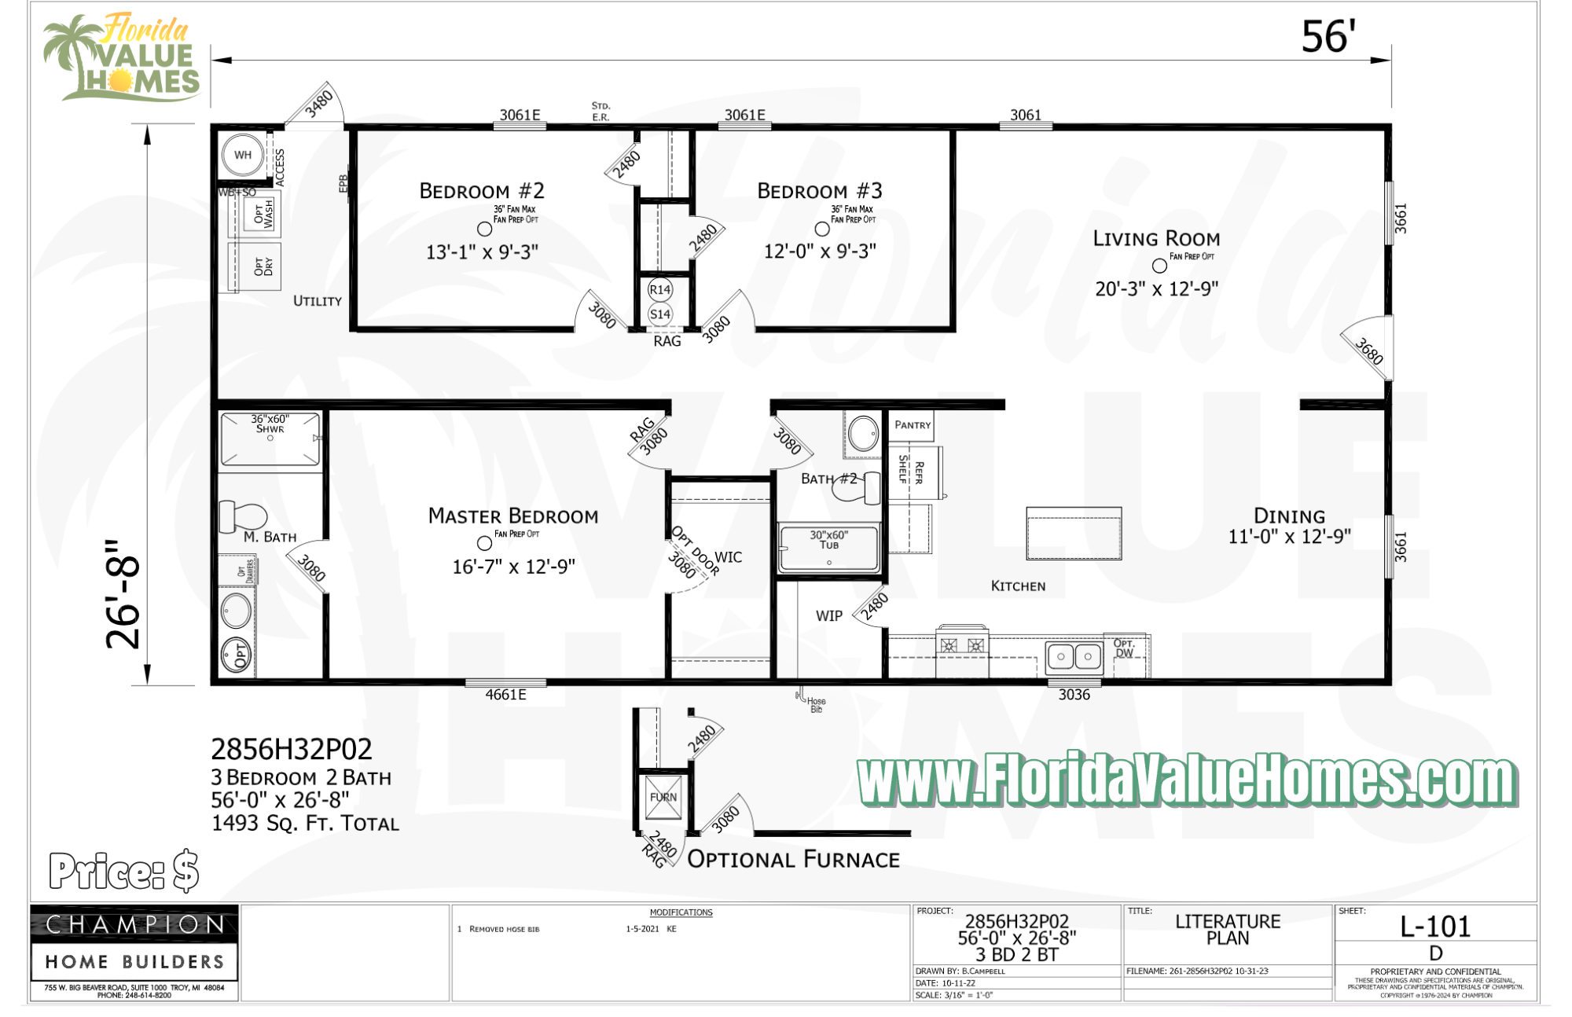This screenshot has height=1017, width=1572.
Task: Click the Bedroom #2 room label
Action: pyautogui.click(x=481, y=191)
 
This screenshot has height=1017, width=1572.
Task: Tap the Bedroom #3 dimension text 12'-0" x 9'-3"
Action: pyautogui.click(x=820, y=251)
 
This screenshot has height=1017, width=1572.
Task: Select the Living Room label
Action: pyautogui.click(x=1156, y=239)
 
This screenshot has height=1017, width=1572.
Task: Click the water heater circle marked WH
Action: pyautogui.click(x=242, y=155)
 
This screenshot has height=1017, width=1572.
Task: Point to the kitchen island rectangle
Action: pyautogui.click(x=1074, y=533)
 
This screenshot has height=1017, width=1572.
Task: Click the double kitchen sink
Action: pyautogui.click(x=1074, y=656)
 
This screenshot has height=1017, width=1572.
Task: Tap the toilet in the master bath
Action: pyautogui.click(x=244, y=516)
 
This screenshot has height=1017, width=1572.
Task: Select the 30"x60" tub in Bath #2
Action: pyautogui.click(x=828, y=547)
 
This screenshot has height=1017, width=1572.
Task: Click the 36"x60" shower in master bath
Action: pyautogui.click(x=270, y=439)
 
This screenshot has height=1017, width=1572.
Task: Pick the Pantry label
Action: pyautogui.click(x=912, y=425)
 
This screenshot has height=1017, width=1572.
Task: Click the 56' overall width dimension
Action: pyautogui.click(x=1328, y=37)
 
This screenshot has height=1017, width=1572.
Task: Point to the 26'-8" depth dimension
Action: pyautogui.click(x=123, y=594)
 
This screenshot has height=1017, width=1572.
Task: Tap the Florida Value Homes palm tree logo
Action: pyautogui.click(x=122, y=57)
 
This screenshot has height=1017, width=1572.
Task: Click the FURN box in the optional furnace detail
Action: pyautogui.click(x=663, y=798)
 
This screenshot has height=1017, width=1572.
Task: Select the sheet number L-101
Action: pyautogui.click(x=1435, y=927)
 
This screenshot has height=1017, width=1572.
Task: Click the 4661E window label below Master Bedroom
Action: pyautogui.click(x=505, y=695)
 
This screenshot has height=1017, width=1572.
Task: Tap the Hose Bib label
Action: pyautogui.click(x=815, y=705)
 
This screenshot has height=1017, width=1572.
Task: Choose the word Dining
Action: pyautogui.click(x=1289, y=516)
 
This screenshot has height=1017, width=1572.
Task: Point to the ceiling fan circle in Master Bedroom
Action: pyautogui.click(x=484, y=543)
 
